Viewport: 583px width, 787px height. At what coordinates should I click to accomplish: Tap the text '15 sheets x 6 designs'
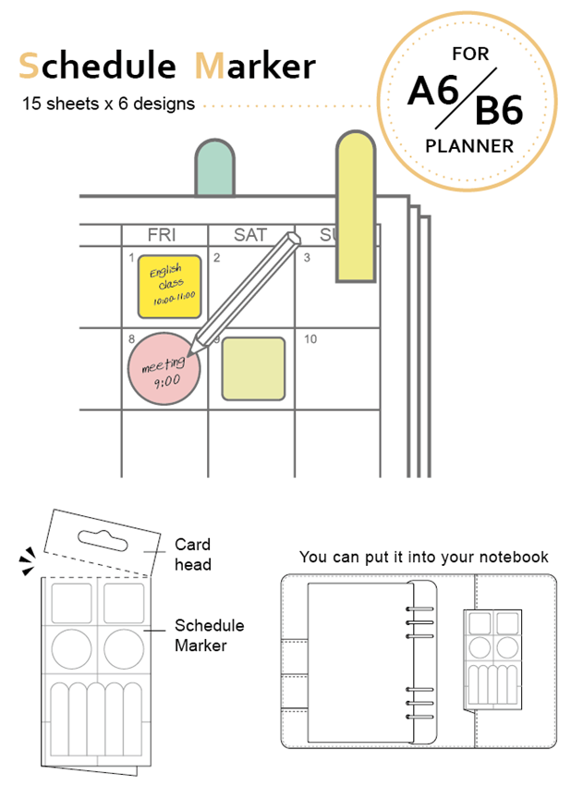pos(109,104)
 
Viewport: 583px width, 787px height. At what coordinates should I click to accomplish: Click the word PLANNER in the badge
pos(469,145)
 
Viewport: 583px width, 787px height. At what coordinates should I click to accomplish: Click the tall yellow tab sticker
pos(356,208)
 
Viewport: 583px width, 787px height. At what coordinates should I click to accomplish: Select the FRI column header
pos(162,235)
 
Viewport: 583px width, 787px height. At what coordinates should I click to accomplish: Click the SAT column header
pos(249,235)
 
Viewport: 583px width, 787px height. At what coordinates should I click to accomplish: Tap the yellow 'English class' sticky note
pos(169,286)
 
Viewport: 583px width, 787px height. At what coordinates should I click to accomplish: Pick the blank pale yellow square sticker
pos(253,368)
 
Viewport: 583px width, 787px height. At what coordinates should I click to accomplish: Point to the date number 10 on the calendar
pos(310,339)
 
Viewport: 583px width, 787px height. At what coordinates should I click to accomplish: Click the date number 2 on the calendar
pos(216,257)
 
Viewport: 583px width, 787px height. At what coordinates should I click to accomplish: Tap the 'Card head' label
pos(192,554)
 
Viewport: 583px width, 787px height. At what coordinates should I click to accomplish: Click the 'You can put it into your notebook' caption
pos(423,557)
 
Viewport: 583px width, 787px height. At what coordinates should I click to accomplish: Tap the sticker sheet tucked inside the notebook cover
pos(492,657)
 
